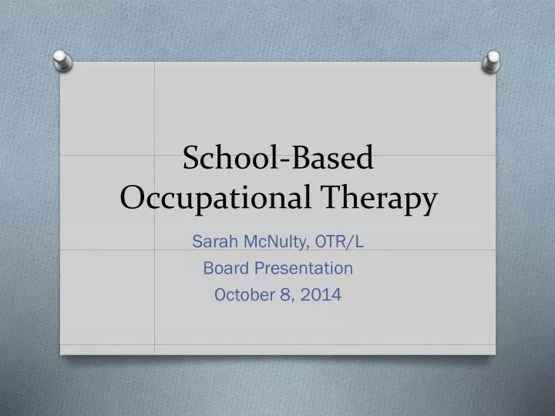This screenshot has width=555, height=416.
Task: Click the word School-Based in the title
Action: [278, 158]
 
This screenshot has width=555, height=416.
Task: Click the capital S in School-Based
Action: [191, 158]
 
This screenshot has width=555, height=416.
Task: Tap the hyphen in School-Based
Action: [288, 160]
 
